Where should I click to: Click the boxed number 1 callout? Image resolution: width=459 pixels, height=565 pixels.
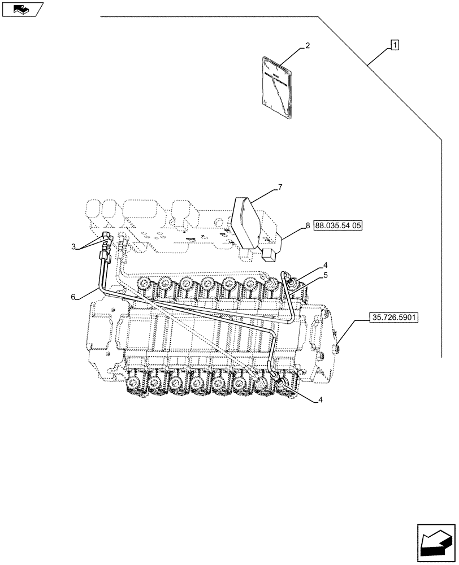[x=395, y=45]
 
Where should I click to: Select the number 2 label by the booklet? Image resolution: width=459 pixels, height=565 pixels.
[x=307, y=45]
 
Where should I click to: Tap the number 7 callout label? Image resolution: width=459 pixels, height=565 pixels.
[x=308, y=225]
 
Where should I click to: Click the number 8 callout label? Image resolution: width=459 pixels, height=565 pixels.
[x=308, y=225]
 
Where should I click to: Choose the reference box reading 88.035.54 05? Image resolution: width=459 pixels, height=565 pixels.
[x=337, y=225]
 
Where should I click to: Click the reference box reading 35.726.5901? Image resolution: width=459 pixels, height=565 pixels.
[x=393, y=318]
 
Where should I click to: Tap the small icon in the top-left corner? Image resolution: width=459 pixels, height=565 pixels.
[x=22, y=9]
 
